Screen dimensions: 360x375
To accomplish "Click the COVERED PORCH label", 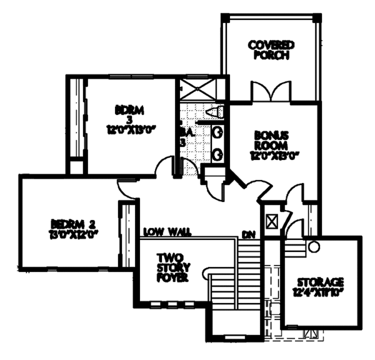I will pyautogui.click(x=271, y=49).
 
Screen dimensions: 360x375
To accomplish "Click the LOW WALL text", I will pyautogui.click(x=166, y=232).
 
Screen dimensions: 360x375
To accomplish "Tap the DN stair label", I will pyautogui.click(x=248, y=236).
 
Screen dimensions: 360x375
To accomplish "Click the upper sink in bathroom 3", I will pyautogui.click(x=218, y=132).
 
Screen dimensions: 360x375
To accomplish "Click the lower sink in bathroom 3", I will pyautogui.click(x=218, y=153).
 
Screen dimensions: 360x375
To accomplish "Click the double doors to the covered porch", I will pyautogui.click(x=271, y=92).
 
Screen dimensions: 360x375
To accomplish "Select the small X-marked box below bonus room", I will pyautogui.click(x=272, y=222).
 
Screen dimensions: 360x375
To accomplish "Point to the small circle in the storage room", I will pyautogui.click(x=314, y=247).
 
